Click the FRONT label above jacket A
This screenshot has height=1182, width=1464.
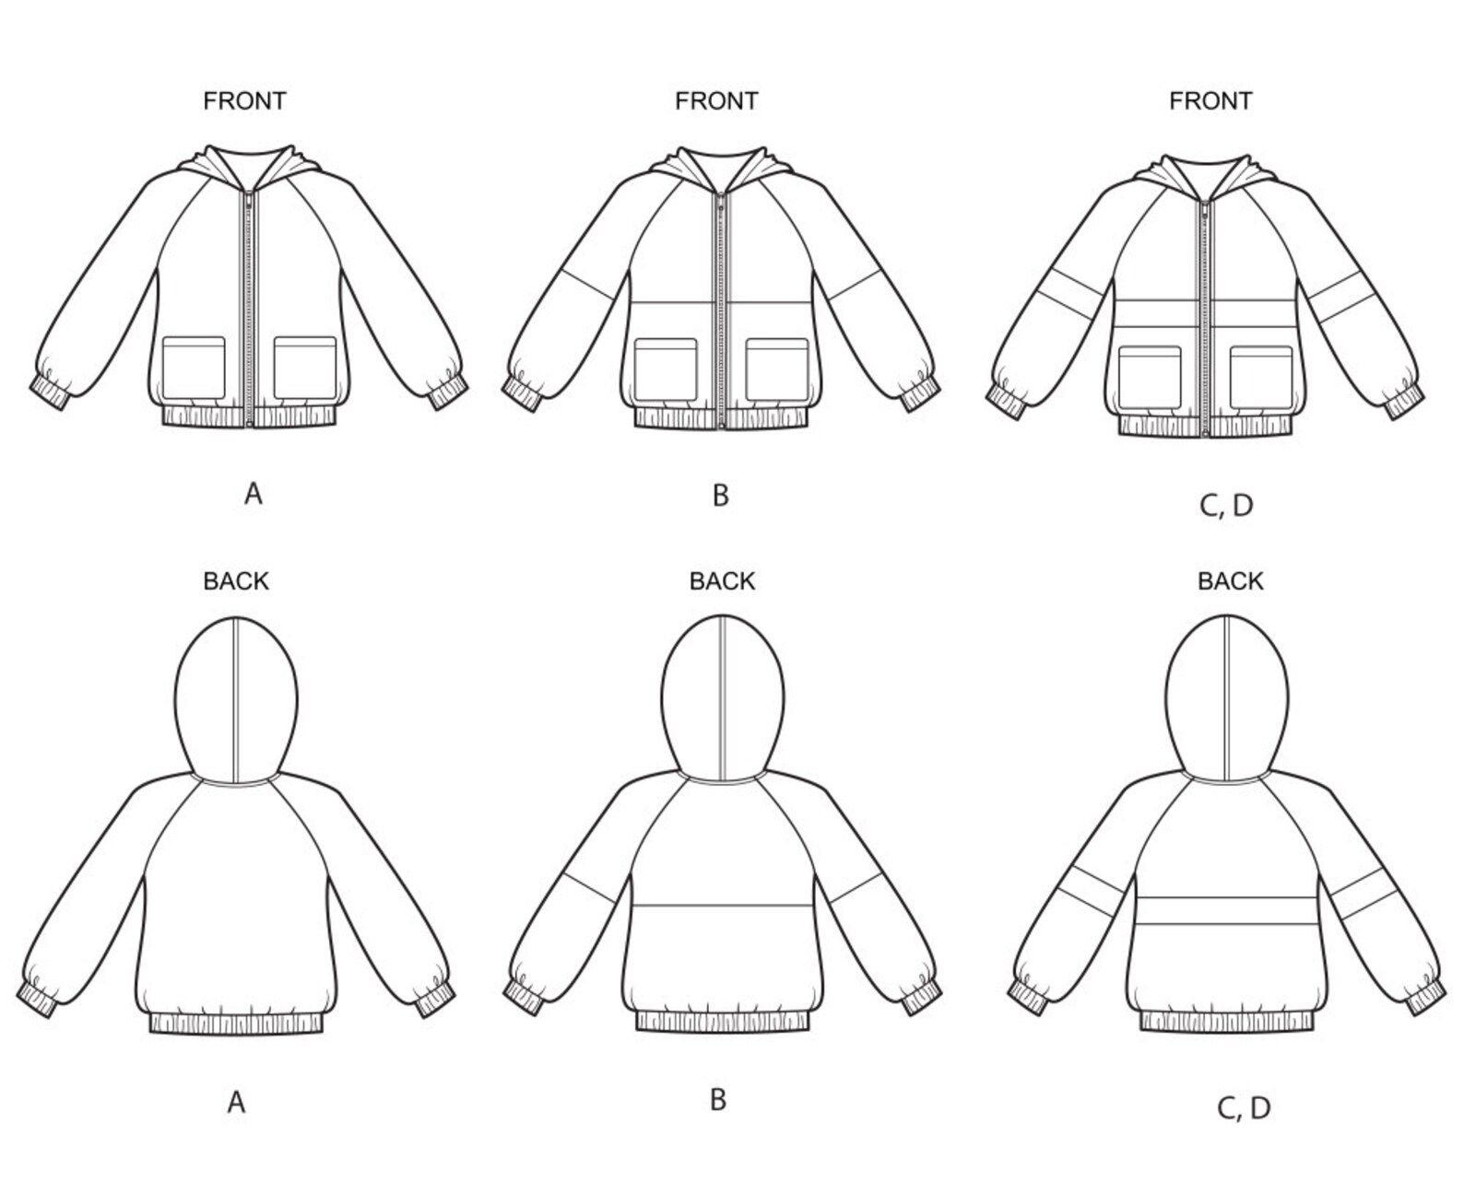tap(244, 100)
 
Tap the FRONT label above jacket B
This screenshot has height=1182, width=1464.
tap(716, 100)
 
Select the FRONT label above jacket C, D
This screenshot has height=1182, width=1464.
tap(1210, 100)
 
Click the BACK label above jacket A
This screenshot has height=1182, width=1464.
tap(236, 581)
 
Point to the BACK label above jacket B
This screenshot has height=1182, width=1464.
tap(722, 581)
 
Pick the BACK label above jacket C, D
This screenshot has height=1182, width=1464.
tap(1230, 581)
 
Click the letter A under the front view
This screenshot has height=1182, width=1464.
tap(254, 495)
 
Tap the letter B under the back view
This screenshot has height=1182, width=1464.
tap(718, 1100)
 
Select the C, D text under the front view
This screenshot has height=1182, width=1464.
tap(1226, 505)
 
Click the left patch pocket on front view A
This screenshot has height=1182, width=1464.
tap(194, 369)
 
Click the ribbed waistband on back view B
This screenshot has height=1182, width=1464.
tap(723, 1021)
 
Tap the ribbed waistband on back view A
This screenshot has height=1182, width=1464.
tap(237, 1023)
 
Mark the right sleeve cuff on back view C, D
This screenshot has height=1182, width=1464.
tap(1425, 998)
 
